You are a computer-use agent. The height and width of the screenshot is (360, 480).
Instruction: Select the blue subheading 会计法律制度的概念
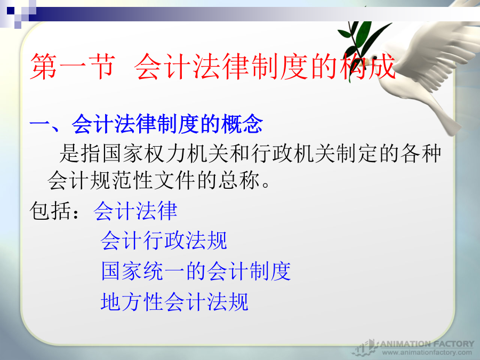coord(167,124)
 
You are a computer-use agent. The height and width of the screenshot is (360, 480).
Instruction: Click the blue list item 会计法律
coord(135,211)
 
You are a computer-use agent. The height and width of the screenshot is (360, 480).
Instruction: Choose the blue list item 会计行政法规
coord(164,241)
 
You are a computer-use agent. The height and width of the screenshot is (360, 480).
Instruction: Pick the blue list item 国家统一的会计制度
coord(196,271)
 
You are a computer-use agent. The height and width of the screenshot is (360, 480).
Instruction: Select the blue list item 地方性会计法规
coord(174,301)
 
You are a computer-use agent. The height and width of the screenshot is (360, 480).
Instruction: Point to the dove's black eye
coord(375,58)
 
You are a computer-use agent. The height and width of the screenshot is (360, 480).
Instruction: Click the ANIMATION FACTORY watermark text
coord(427,344)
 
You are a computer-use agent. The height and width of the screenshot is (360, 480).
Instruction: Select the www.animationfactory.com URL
coord(427,353)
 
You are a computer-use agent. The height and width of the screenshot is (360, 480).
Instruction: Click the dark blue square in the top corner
coord(11,11)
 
